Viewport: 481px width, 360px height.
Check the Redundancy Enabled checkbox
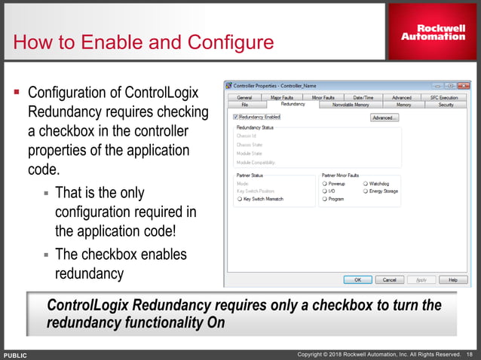tap(236, 117)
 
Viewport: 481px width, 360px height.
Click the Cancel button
tap(389, 279)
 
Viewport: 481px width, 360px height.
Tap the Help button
tap(452, 279)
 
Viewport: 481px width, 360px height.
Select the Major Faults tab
tap(281, 98)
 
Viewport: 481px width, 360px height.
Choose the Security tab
tap(446, 105)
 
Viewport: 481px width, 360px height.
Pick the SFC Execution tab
tap(443, 98)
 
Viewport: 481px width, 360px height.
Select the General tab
tap(244, 98)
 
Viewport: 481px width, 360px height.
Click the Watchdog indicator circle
tap(366, 183)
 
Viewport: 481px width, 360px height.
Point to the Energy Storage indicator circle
tap(366, 191)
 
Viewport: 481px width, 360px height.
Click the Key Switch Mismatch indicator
tap(239, 199)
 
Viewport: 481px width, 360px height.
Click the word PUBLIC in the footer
tap(16, 354)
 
